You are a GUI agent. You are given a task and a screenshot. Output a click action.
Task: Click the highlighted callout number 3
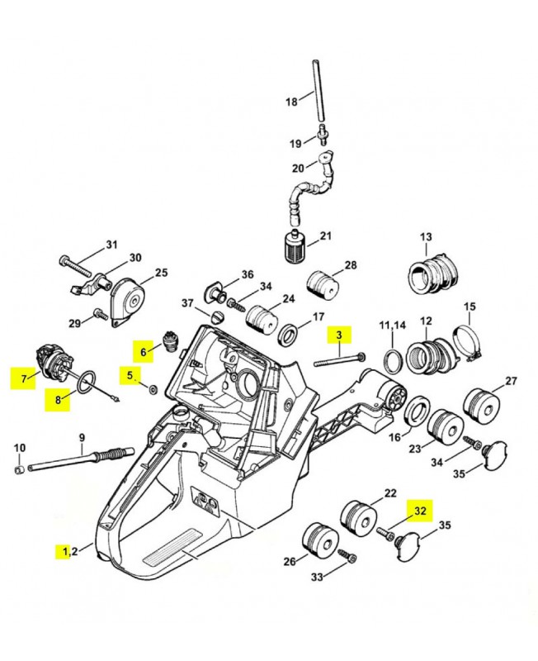(338, 335)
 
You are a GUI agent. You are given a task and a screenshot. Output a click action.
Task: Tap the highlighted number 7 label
(23, 378)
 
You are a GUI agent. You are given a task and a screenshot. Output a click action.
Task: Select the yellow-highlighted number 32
(420, 511)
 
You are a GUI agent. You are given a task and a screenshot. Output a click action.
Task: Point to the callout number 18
(291, 102)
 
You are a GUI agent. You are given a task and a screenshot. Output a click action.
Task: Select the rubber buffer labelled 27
(478, 405)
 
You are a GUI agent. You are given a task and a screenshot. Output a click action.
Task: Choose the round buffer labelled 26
(321, 540)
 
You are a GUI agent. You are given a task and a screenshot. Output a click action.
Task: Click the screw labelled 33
(347, 558)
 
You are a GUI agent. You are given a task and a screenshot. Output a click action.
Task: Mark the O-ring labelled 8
(86, 383)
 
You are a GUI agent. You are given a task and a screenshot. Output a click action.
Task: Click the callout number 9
(82, 437)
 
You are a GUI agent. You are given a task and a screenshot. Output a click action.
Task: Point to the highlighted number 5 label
(130, 375)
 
